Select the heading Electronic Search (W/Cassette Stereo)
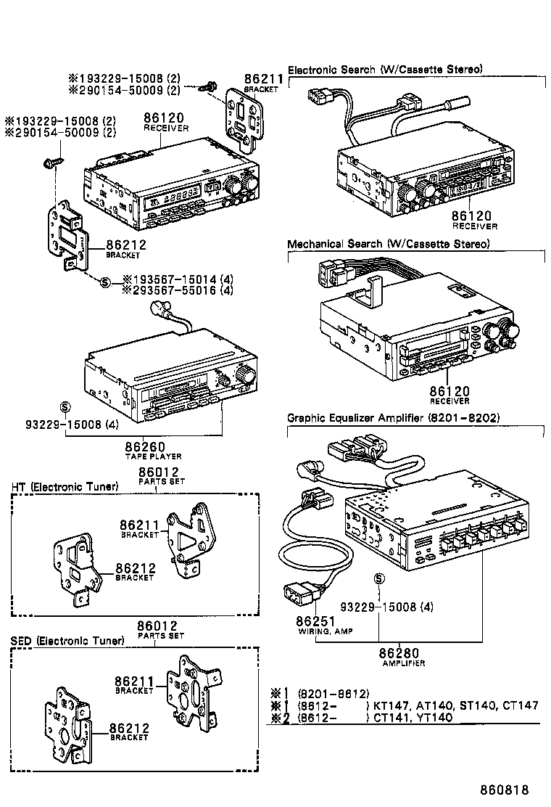pyautogui.click(x=385, y=70)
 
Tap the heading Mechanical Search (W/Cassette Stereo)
pyautogui.click(x=388, y=244)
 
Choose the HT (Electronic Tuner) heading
pyautogui.click(x=65, y=486)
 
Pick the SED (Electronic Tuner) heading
pyautogui.click(x=67, y=641)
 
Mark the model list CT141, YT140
pyautogui.click(x=413, y=718)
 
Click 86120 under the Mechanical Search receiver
pyautogui.click(x=449, y=390)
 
